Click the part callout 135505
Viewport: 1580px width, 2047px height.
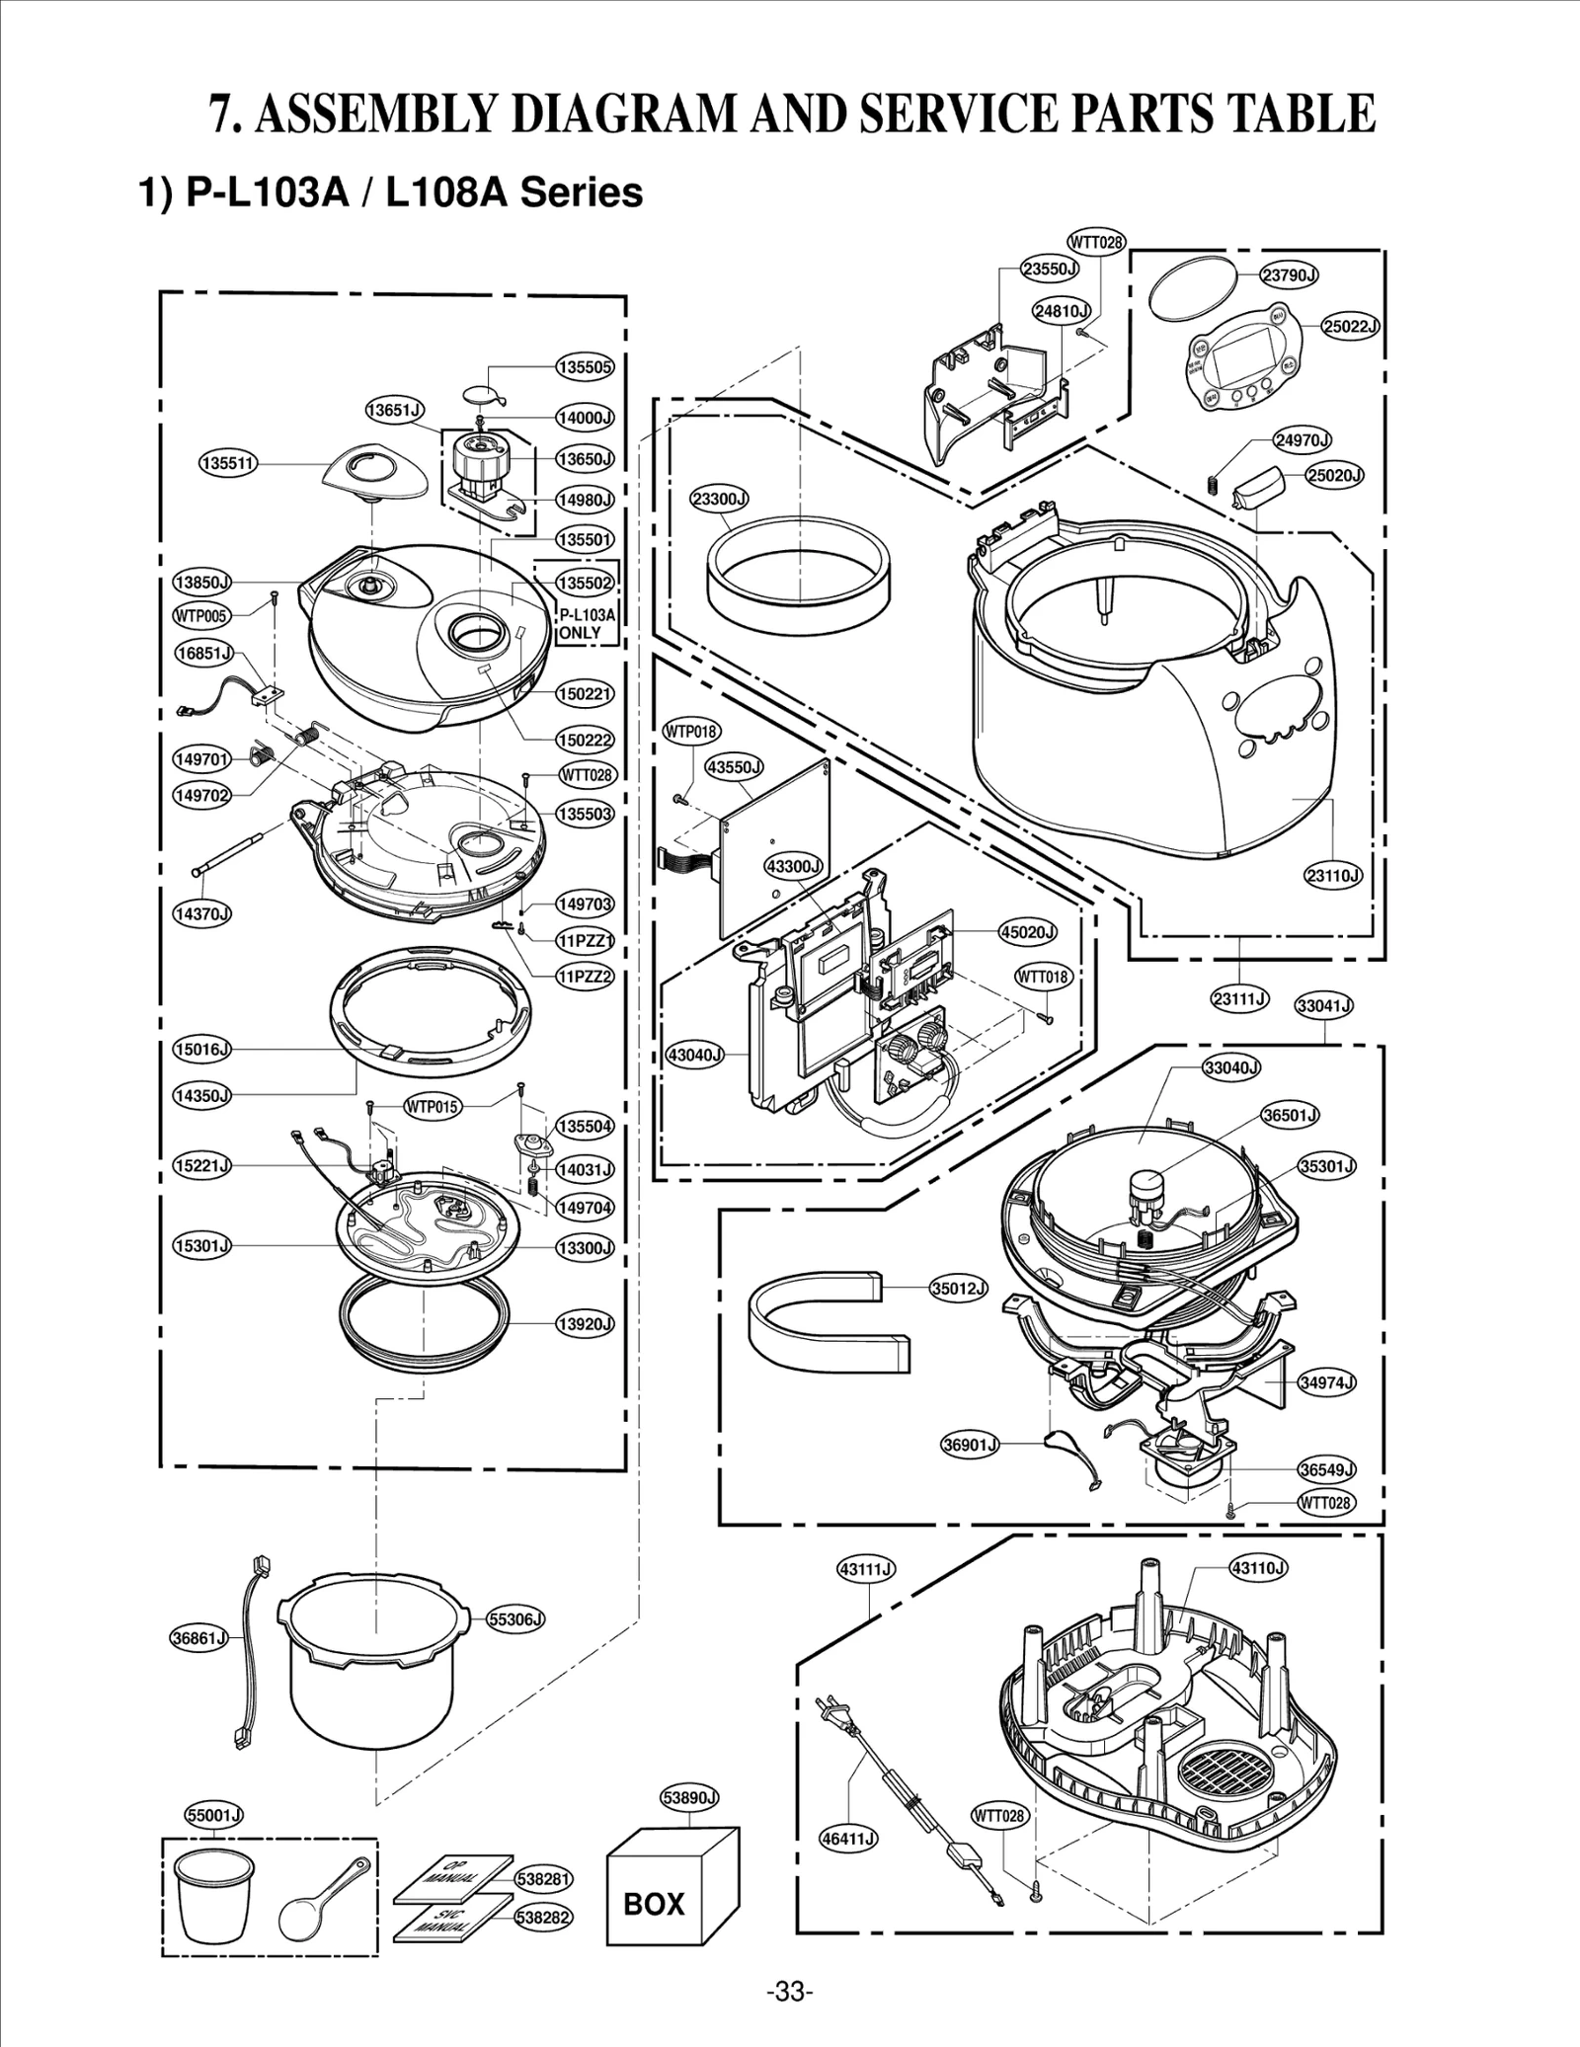point(585,367)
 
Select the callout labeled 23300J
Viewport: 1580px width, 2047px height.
point(719,500)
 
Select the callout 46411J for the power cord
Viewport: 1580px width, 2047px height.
point(849,1838)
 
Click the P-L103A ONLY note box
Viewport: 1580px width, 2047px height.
point(587,623)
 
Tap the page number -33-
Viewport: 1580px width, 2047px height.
point(790,1991)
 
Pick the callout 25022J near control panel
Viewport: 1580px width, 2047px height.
point(1350,326)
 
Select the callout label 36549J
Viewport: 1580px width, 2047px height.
point(1326,1469)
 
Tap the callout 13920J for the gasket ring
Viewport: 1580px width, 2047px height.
point(585,1323)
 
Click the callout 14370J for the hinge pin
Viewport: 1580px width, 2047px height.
point(201,912)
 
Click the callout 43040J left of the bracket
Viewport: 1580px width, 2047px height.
point(695,1055)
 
